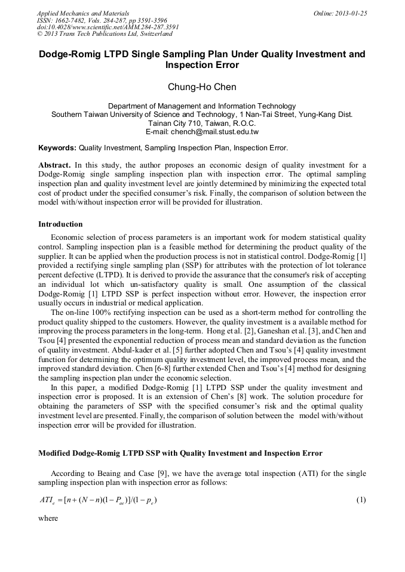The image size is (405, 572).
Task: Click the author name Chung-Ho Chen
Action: pyautogui.click(x=202, y=87)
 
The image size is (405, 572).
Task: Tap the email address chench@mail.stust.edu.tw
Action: pyautogui.click(x=222, y=131)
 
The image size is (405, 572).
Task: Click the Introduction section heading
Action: pyautogui.click(x=60, y=224)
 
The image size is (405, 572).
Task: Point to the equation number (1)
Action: pyautogui.click(x=361, y=500)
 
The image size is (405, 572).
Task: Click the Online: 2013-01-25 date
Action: pyautogui.click(x=340, y=13)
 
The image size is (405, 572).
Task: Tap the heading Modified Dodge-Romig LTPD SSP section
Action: pyautogui.click(x=180, y=453)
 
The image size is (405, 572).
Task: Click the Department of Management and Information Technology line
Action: pyautogui.click(x=202, y=106)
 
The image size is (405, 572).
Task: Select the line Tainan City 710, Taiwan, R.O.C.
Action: pyautogui.click(x=202, y=123)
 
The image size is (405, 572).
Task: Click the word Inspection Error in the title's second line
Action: pyautogui.click(x=202, y=65)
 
